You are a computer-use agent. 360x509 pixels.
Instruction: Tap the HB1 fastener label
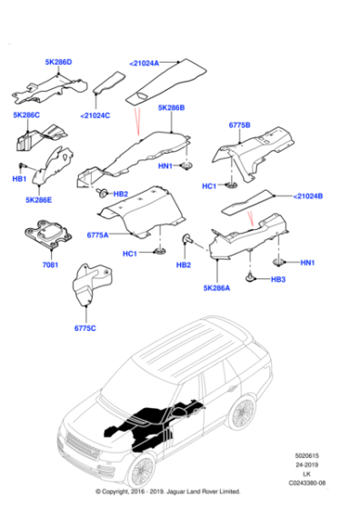(x=19, y=179)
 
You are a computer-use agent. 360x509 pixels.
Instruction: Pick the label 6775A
(x=97, y=235)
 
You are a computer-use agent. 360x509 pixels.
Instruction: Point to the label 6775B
(x=241, y=124)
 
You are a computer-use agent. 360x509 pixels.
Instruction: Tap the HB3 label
(x=278, y=280)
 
